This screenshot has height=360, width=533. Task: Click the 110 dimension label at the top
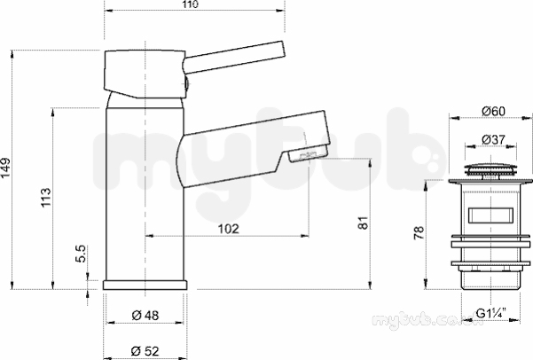(x=191, y=4)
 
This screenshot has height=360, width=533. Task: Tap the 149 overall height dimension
(x=6, y=168)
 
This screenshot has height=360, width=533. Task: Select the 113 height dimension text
(x=45, y=197)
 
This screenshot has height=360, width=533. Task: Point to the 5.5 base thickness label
(x=82, y=254)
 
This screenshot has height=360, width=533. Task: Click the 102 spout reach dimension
(x=228, y=229)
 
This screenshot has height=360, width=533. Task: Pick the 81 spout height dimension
(x=363, y=223)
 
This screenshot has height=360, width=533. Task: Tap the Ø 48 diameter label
(x=145, y=316)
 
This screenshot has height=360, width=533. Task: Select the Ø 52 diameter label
(x=145, y=350)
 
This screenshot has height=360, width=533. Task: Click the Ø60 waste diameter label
(x=494, y=111)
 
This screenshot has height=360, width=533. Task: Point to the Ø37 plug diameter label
(x=494, y=139)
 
